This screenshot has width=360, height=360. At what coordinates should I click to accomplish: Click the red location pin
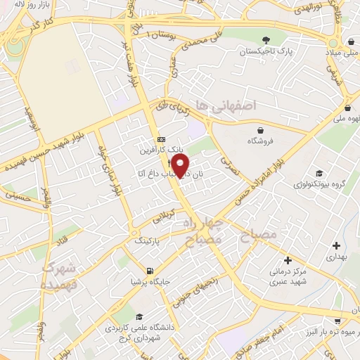click(x=181, y=166)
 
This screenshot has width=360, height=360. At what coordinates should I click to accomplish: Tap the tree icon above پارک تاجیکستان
click(x=265, y=40)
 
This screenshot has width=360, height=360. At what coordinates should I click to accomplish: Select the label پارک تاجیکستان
click(x=265, y=52)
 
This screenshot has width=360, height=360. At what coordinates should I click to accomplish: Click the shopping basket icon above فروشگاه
click(x=261, y=130)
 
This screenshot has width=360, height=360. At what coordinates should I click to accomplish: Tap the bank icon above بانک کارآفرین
click(x=161, y=139)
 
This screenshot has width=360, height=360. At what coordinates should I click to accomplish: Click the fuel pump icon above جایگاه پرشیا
click(x=149, y=271)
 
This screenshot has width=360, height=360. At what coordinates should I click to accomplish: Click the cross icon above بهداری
click(x=337, y=246)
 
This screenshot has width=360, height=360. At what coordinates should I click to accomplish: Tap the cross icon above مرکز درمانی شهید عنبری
click(x=288, y=259)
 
